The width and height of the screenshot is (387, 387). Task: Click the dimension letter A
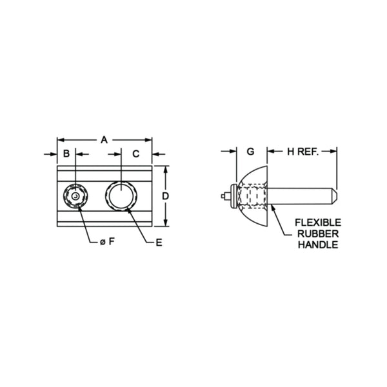pos(104,139)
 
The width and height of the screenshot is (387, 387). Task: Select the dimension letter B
pos(66,154)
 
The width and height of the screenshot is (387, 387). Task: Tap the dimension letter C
pos(136,154)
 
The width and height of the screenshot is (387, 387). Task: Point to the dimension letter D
pos(166,195)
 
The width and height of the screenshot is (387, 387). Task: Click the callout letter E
pos(159,243)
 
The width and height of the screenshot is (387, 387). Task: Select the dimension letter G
pos(251,152)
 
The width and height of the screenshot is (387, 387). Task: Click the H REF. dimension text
pos(303,152)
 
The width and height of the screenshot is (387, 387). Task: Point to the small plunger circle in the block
pos(75,195)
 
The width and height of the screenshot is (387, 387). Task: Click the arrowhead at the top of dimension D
pos(165,169)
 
